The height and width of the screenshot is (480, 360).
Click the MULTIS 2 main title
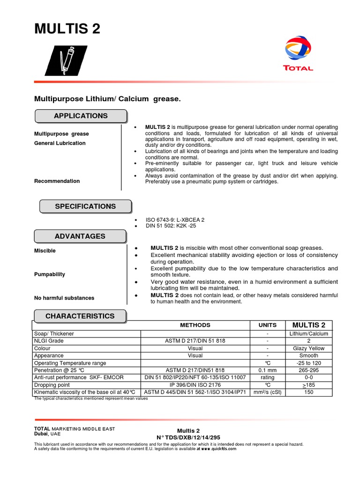67,29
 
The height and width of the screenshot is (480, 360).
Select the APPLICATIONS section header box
81,116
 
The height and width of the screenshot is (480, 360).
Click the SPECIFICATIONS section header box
85,206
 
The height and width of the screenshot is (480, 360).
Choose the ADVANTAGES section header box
80,236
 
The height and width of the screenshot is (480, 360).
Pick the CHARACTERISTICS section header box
80,316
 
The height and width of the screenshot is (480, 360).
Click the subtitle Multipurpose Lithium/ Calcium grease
107,99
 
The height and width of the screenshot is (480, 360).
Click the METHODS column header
195,325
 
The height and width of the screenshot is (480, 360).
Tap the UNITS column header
267,325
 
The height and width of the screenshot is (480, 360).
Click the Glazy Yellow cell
308,348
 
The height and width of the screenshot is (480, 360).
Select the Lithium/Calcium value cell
308,334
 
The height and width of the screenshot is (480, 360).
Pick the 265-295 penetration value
308,370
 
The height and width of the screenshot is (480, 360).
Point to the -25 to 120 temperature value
308,363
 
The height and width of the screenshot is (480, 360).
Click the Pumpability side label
50,274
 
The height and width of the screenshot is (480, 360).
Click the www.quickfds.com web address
217,449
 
